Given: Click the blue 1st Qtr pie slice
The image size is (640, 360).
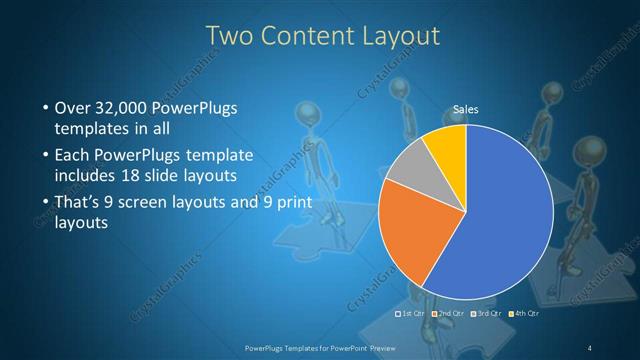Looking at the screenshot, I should click(500, 210).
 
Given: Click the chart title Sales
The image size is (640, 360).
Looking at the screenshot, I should click(466, 109).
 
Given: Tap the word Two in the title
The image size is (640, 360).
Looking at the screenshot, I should click(229, 36).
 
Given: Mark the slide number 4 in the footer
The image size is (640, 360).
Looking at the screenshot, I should click(590, 347).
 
